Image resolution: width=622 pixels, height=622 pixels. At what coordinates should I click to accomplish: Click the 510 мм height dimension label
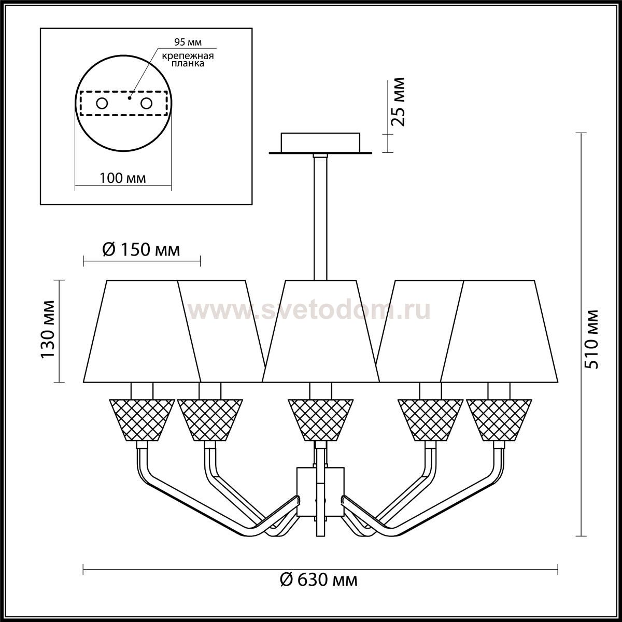(591, 339)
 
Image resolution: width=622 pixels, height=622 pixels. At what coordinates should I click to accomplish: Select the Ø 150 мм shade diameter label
(141, 250)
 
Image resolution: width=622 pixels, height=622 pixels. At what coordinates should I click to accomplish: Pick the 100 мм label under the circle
(123, 178)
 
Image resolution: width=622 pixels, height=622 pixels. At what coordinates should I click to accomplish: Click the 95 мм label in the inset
(188, 42)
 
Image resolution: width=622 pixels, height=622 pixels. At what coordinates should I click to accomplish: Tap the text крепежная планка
(188, 60)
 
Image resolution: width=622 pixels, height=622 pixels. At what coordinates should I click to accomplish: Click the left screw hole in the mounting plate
(102, 104)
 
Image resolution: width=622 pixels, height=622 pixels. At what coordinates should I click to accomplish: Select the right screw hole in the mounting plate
(146, 104)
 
